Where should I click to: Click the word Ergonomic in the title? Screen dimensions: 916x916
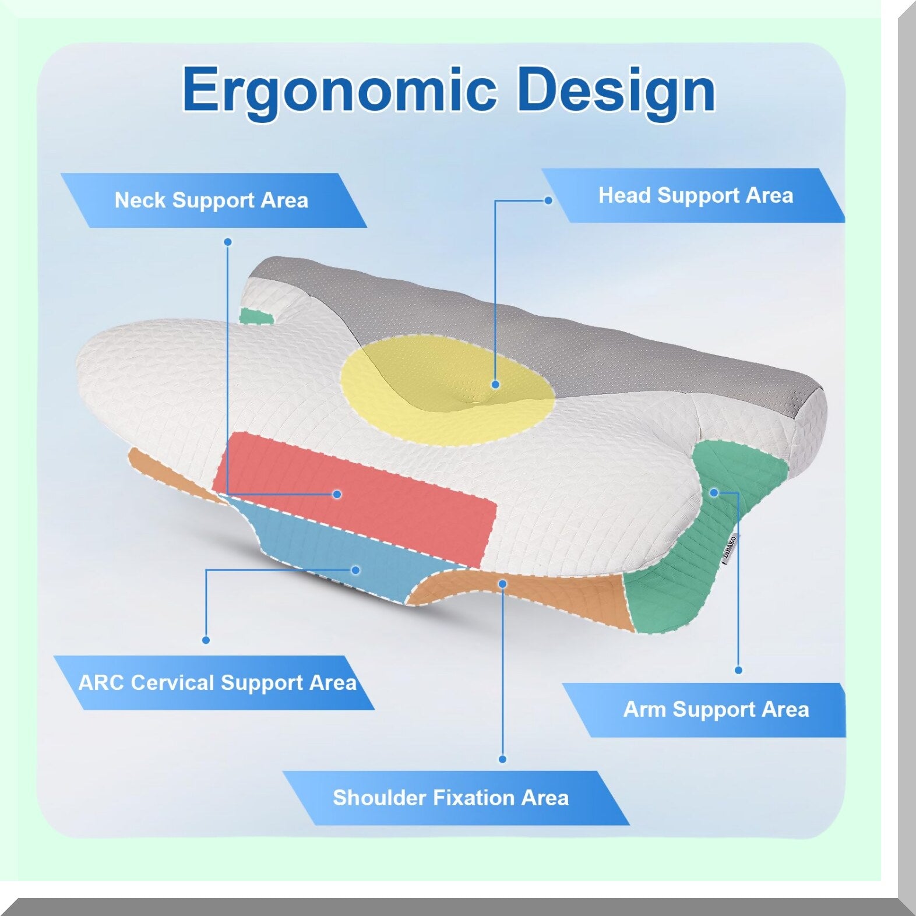(x=340, y=91)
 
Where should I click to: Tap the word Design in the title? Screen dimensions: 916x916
(x=616, y=91)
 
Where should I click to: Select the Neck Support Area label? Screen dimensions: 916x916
(x=212, y=200)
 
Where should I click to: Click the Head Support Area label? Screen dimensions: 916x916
(x=696, y=195)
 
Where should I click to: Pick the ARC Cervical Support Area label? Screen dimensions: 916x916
(x=217, y=682)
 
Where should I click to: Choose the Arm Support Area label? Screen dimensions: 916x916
(x=716, y=709)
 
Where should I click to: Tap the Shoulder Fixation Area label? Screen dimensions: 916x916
(x=450, y=797)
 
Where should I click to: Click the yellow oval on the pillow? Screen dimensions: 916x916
(x=446, y=389)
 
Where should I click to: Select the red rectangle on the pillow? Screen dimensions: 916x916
(x=354, y=498)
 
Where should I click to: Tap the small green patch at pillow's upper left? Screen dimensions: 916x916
(x=256, y=316)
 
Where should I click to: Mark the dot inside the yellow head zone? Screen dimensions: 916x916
(x=495, y=385)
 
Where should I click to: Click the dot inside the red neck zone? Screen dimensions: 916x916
(x=337, y=494)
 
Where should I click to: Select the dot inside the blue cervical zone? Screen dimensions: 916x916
(x=355, y=570)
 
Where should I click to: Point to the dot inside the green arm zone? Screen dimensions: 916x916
(x=714, y=493)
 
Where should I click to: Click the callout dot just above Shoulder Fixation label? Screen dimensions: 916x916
(x=502, y=759)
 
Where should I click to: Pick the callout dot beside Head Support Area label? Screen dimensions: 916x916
(x=548, y=200)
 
